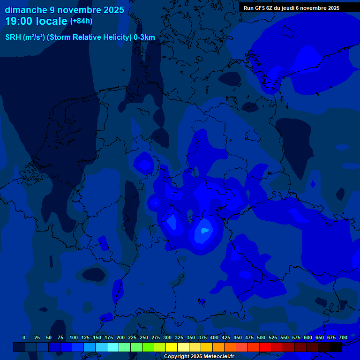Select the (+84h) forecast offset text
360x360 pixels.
tap(81, 21)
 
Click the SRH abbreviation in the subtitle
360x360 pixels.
tap(13, 37)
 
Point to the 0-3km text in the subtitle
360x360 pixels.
tap(144, 37)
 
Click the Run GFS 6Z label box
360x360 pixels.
tap(292, 8)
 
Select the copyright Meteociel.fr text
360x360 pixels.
tap(199, 356)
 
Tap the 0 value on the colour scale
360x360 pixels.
tap(24, 337)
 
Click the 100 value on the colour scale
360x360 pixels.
tap(74, 337)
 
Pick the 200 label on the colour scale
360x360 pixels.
tap(120, 337)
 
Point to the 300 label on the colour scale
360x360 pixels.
tap(167, 337)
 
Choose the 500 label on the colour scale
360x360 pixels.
tap(261, 337)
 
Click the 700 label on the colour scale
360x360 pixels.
tap(343, 337)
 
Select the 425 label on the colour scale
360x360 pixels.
tap(226, 337)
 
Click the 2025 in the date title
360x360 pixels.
tap(112, 10)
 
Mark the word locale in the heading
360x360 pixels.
tap(52, 22)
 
